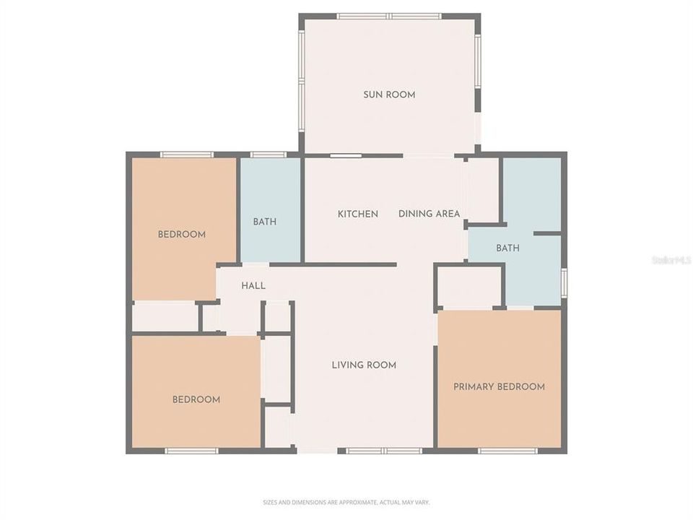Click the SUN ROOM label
(389, 95)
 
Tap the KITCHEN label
(358, 214)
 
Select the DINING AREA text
(430, 214)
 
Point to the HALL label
(253, 286)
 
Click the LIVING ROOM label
(364, 365)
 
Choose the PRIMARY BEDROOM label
(499, 387)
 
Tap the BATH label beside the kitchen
(264, 222)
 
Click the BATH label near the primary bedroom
(507, 248)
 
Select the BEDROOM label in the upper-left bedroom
(182, 235)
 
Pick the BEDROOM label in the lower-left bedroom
(196, 400)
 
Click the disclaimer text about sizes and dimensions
(346, 502)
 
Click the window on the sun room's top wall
(389, 16)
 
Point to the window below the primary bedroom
(507, 451)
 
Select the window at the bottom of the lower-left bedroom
(191, 451)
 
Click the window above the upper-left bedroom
(186, 154)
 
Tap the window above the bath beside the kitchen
(269, 154)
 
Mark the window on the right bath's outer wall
(564, 282)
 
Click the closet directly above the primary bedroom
(470, 287)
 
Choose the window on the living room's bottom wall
(383, 451)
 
